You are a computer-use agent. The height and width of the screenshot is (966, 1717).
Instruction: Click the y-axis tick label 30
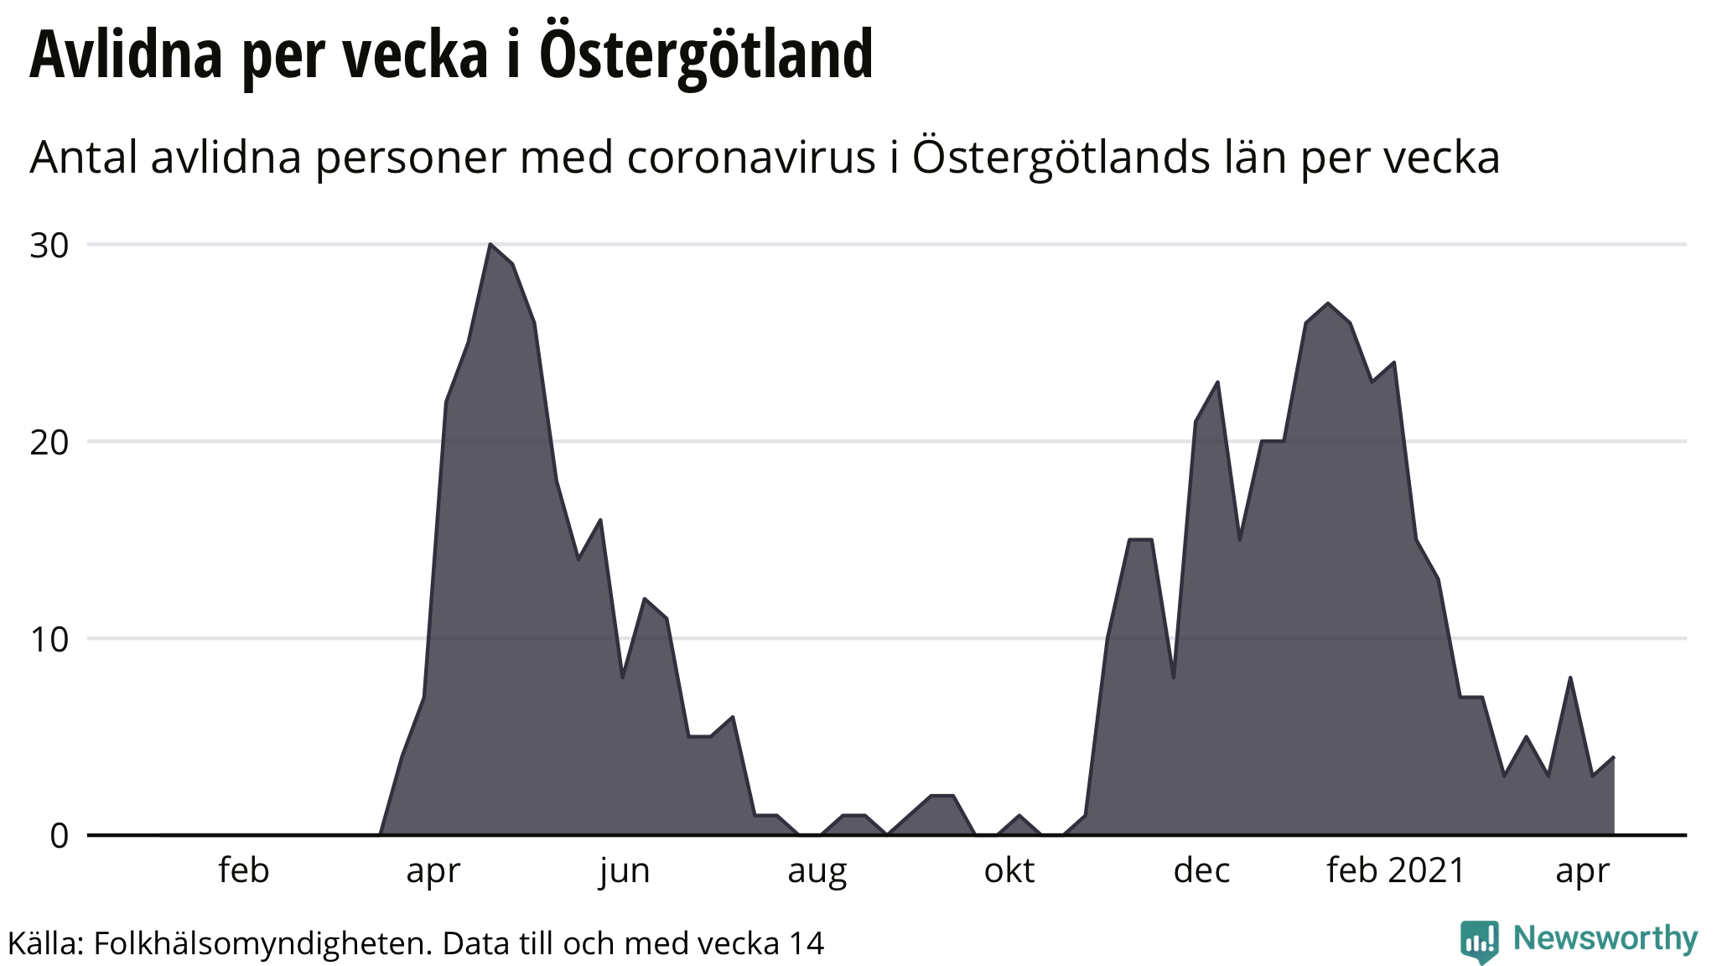[49, 246]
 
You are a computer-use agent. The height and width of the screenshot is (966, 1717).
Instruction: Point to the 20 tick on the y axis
[49, 443]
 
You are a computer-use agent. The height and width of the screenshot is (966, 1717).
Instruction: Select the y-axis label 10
[49, 640]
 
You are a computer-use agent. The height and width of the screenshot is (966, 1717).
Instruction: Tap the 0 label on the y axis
[59, 836]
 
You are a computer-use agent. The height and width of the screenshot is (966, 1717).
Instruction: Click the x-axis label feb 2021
[1395, 870]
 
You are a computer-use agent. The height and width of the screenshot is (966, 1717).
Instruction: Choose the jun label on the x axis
[625, 870]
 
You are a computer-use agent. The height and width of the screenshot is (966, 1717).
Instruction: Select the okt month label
[1009, 870]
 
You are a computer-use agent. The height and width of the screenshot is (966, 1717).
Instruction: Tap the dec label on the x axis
[1201, 870]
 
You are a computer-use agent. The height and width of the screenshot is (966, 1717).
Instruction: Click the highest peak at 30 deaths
[490, 244]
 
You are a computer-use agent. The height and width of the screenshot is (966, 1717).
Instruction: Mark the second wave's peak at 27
[1328, 304]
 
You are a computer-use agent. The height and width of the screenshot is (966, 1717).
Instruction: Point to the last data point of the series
[1614, 757]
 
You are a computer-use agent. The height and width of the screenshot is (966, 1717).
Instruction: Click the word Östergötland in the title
[706, 55]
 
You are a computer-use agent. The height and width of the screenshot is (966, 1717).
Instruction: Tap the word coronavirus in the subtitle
[750, 157]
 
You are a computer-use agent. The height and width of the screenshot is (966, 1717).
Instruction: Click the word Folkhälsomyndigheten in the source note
[262, 943]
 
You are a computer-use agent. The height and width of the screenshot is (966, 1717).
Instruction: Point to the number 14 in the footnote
[807, 943]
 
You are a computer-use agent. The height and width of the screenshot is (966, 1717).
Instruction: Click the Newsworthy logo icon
[1479, 941]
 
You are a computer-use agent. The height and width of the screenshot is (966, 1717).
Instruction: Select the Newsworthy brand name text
[1605, 938]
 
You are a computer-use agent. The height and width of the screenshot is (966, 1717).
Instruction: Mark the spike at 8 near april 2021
[1569, 678]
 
